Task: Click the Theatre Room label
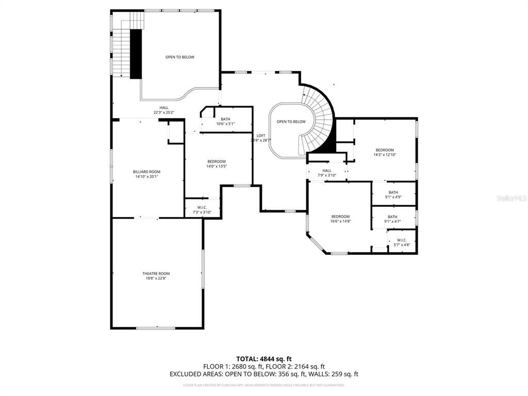tap(156, 273)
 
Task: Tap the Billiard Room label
tap(146, 172)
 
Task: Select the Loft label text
tap(261, 136)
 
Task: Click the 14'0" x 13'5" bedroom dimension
tap(217, 166)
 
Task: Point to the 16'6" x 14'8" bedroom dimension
tap(340, 221)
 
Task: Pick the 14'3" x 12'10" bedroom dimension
tap(385, 155)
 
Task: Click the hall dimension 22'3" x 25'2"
tap(163, 112)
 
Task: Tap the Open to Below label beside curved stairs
tap(291, 122)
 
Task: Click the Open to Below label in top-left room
tap(179, 57)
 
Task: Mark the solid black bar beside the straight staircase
tap(136, 54)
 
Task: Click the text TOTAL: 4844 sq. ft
tap(264, 359)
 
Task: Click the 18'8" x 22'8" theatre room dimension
tap(156, 278)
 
